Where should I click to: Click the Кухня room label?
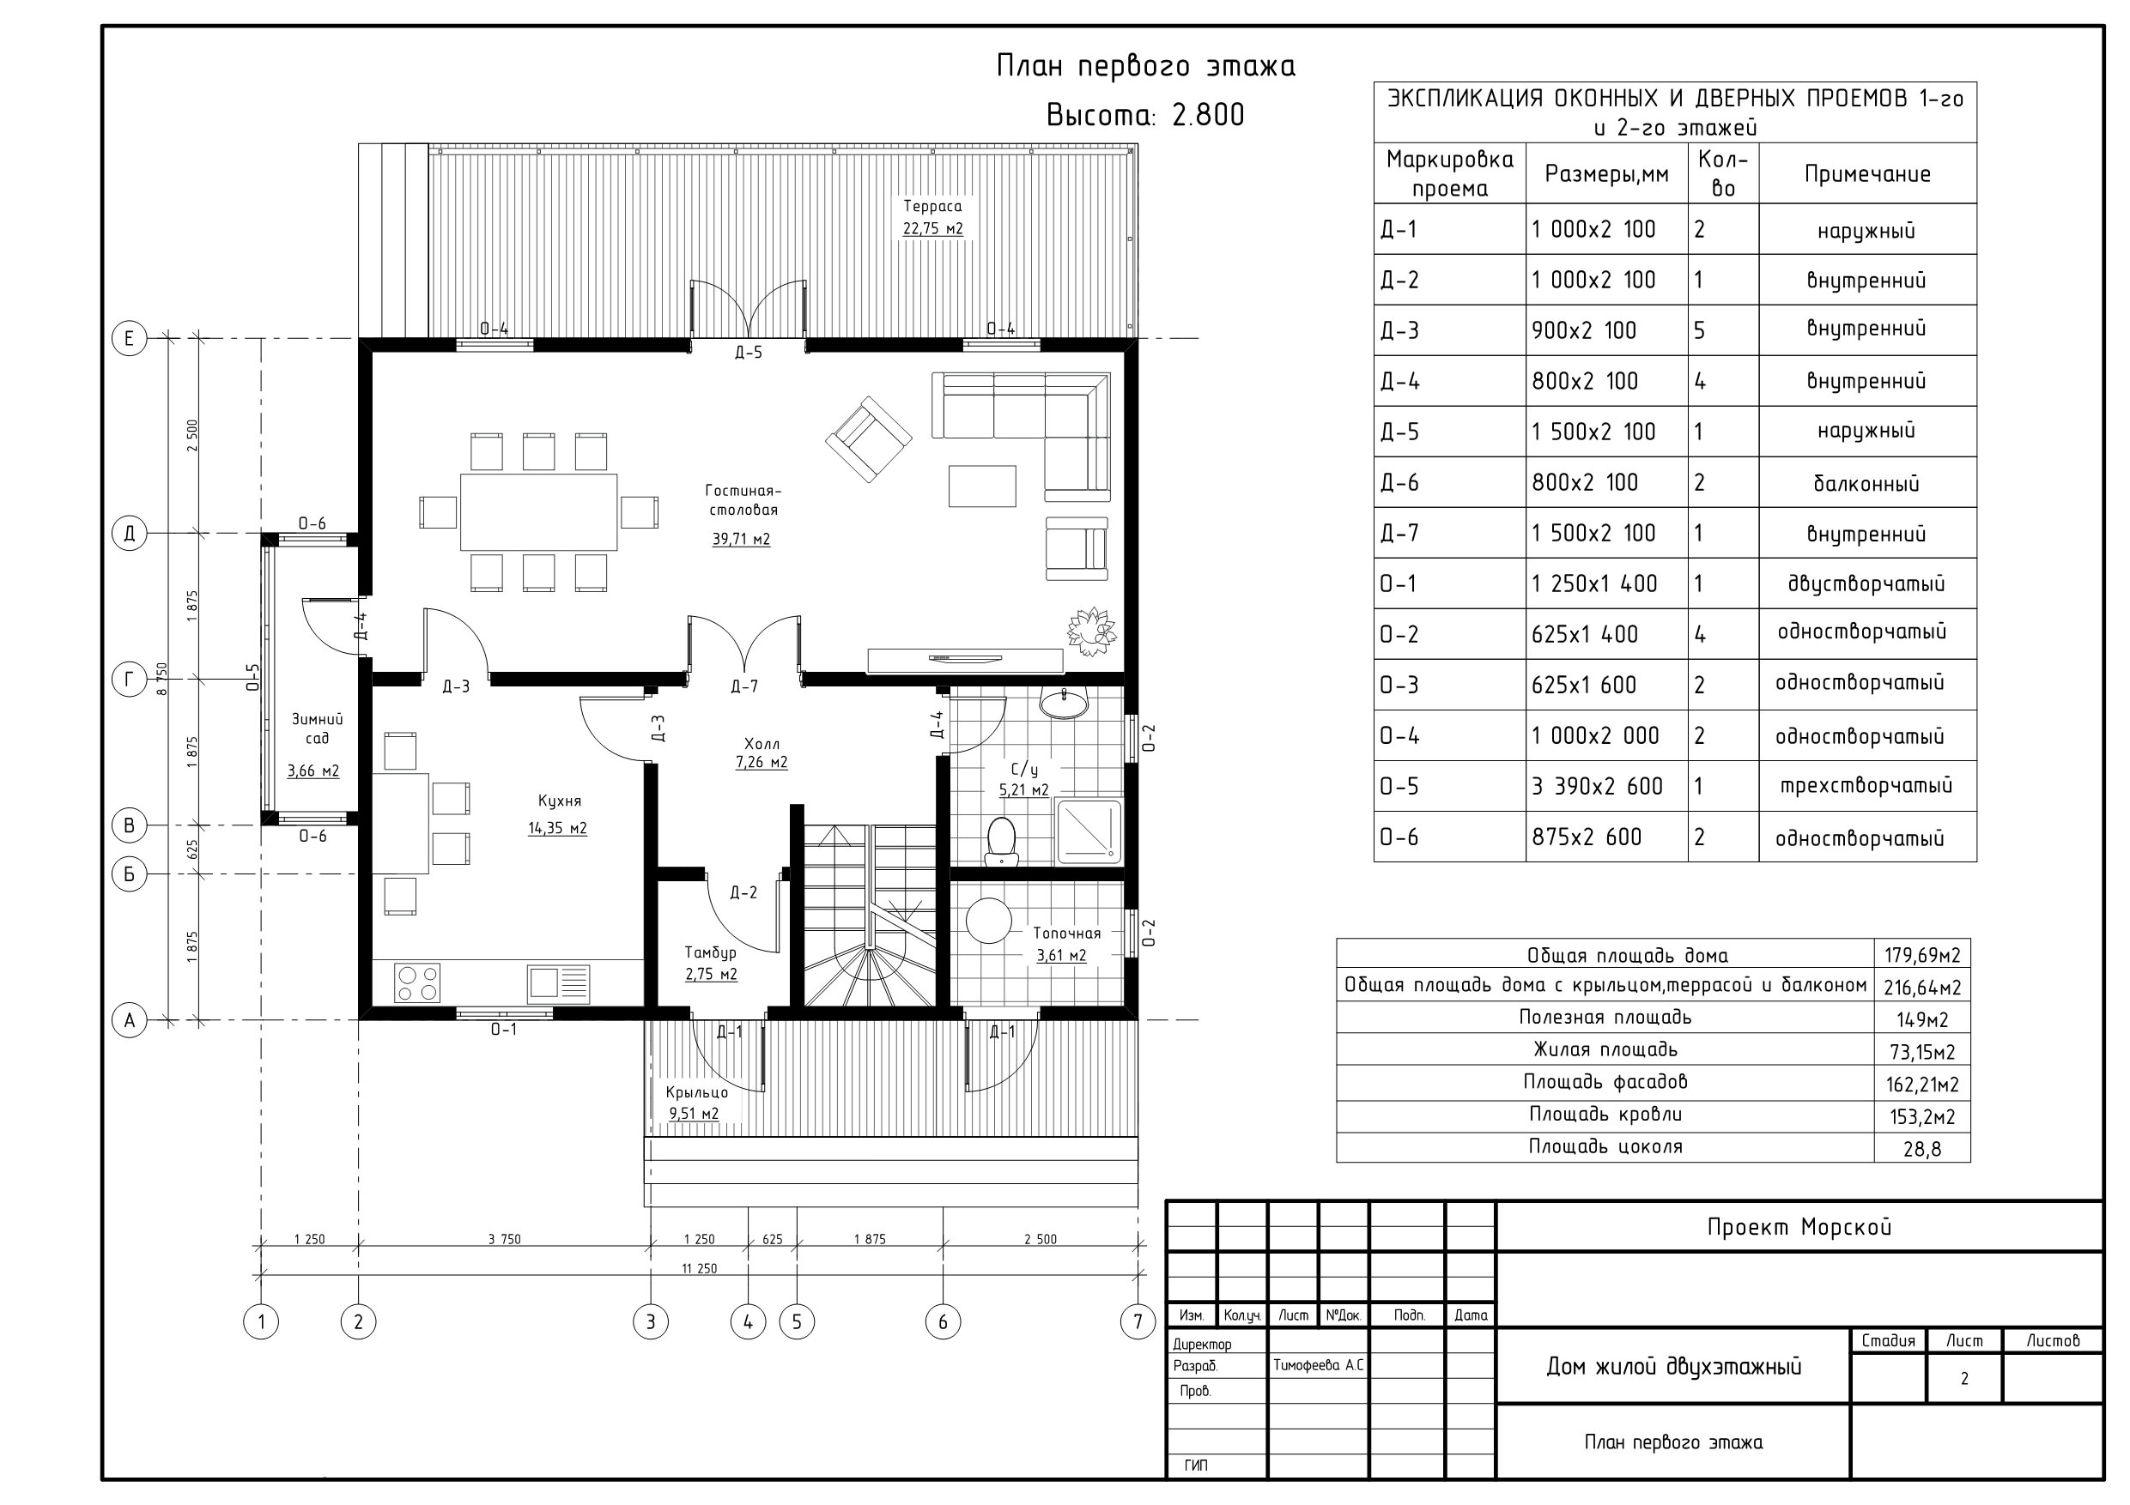point(560,801)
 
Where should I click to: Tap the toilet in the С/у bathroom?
point(1001,840)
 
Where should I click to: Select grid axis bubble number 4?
point(748,1321)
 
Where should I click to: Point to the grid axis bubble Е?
point(129,338)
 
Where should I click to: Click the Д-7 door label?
point(744,686)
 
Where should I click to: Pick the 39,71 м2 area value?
point(741,539)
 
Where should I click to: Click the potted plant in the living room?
point(1091,632)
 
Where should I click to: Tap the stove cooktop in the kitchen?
point(417,983)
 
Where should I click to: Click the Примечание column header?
point(1866,173)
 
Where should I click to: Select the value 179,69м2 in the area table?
point(1922,955)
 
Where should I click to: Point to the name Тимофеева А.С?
point(1318,1366)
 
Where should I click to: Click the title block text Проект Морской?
point(1799,1227)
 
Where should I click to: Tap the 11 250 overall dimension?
point(700,1268)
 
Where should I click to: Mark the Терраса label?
point(932,206)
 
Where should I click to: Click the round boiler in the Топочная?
point(989,921)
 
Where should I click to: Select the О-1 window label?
point(504,1030)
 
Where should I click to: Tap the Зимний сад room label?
point(318,728)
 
